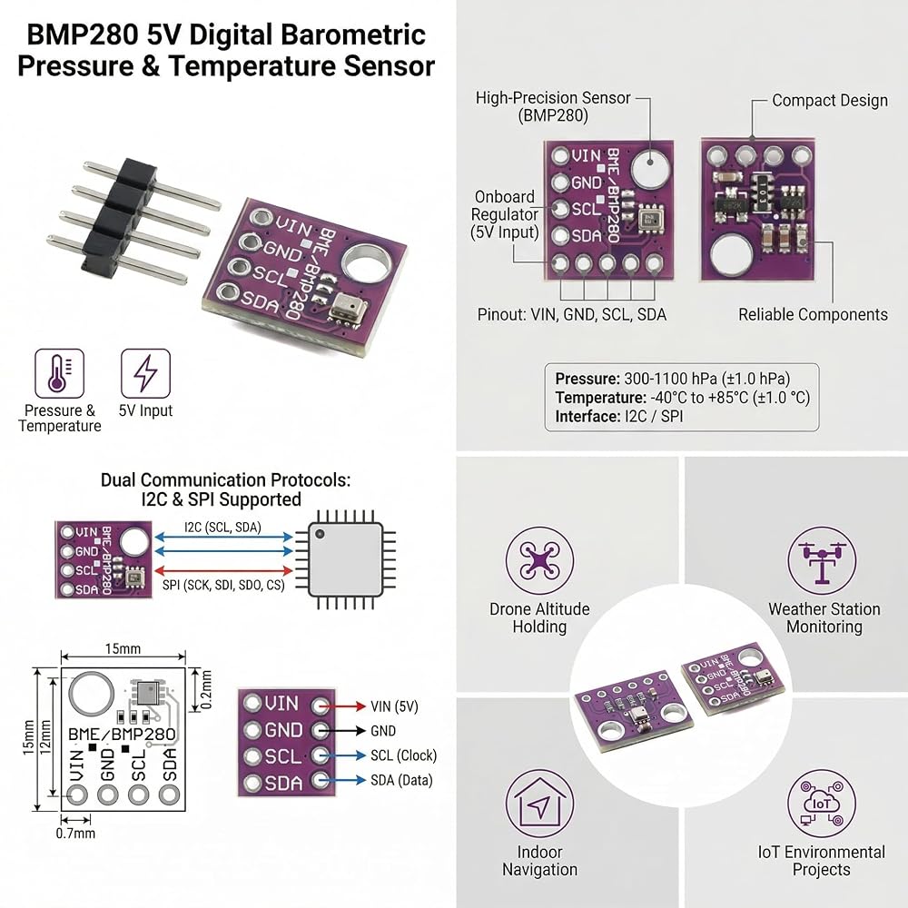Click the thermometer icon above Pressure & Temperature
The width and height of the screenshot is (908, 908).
tap(59, 373)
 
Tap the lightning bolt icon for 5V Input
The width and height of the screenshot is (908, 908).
tap(145, 373)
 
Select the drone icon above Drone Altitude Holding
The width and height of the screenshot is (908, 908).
tap(539, 561)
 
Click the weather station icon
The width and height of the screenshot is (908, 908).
tap(822, 561)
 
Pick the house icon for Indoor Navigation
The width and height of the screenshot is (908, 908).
tap(539, 804)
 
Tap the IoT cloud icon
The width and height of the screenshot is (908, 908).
tap(822, 804)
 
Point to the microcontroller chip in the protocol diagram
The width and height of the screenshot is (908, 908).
tap(346, 559)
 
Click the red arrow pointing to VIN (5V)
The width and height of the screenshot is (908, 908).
tap(342, 706)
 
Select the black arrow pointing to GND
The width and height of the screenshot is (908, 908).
tap(342, 731)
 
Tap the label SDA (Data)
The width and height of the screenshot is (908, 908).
tap(402, 780)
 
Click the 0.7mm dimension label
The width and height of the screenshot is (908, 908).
tap(75, 834)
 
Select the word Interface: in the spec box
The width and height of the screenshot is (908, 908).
tap(587, 417)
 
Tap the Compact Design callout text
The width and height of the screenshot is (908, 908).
tap(830, 100)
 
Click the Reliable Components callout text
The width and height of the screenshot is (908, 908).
tap(813, 314)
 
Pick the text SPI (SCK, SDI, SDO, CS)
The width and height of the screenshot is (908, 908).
tap(223, 585)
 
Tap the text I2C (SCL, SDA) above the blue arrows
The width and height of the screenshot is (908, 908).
tap(223, 527)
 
